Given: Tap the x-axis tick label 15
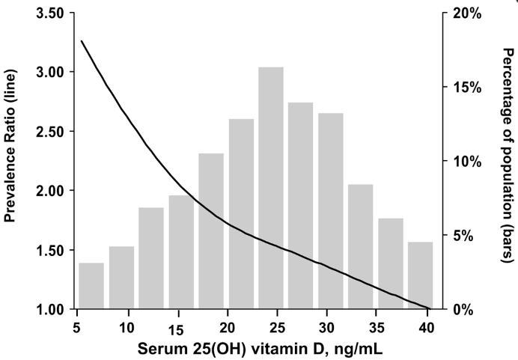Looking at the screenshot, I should coord(175,330).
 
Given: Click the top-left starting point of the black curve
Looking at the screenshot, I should coord(81,41).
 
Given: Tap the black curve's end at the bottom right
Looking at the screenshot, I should coord(428,308).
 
